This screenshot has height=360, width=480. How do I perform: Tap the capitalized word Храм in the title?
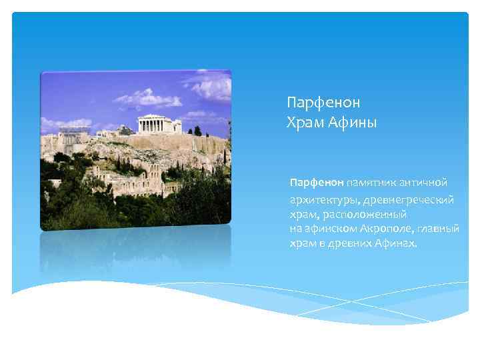click(303, 122)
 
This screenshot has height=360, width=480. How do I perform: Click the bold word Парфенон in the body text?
click(316, 183)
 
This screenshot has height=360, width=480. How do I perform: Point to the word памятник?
click(370, 183)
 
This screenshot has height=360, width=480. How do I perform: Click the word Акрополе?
click(379, 229)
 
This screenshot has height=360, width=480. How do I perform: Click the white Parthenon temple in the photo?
click(159, 124)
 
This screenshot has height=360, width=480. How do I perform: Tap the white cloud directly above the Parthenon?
click(148, 99)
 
